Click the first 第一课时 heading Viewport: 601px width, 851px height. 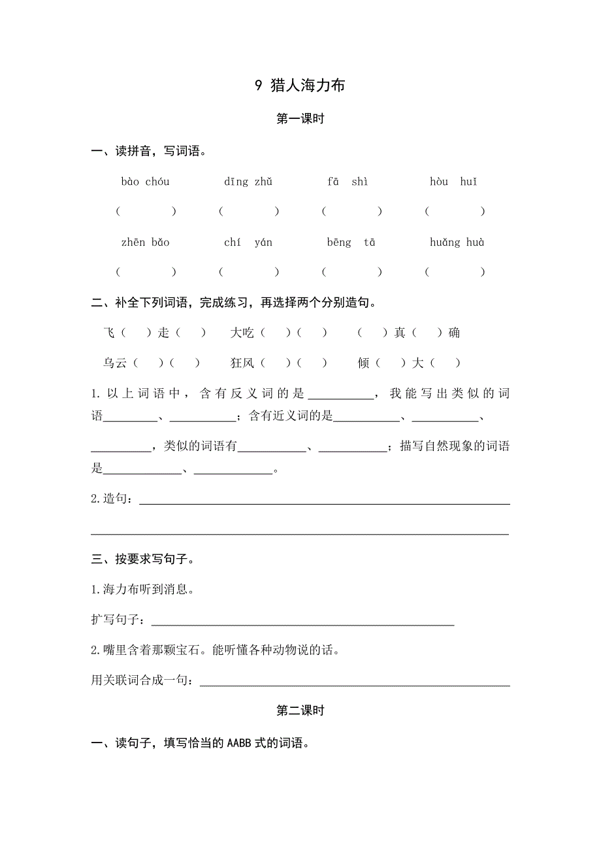point(300,119)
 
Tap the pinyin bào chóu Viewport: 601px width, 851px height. point(145,182)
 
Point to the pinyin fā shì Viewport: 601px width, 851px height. point(348,182)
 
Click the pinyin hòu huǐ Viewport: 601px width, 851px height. point(453,182)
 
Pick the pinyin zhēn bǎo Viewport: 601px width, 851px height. point(145,242)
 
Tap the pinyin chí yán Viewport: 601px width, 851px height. point(248,242)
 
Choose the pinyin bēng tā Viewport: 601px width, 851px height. point(351,242)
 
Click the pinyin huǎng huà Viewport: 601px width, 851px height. point(457,242)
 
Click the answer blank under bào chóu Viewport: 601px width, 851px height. point(146,211)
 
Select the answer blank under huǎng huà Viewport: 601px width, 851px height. point(455,272)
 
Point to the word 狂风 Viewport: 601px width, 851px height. point(242,363)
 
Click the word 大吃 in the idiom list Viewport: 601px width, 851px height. point(242,333)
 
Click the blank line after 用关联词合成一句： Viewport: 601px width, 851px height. point(354,681)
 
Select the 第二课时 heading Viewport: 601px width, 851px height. point(300,711)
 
